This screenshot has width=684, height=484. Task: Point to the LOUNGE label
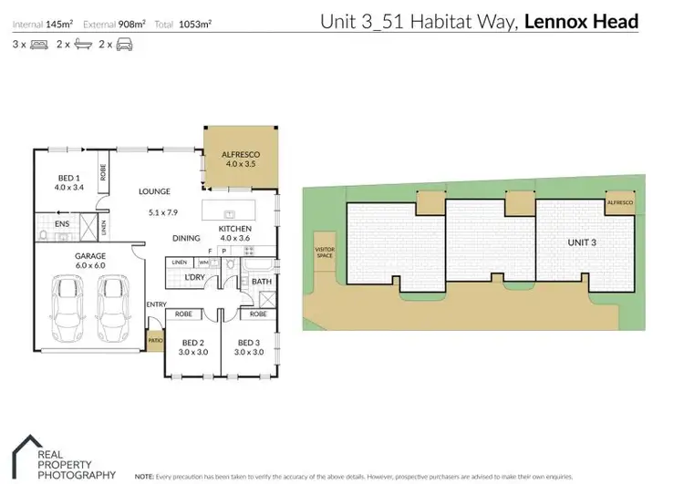coord(155,192)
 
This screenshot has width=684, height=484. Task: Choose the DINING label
coord(186,239)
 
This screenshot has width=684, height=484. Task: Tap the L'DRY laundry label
coord(194,277)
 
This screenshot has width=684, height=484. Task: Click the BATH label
coord(262,283)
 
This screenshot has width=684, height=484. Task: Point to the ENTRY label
coord(154,305)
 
